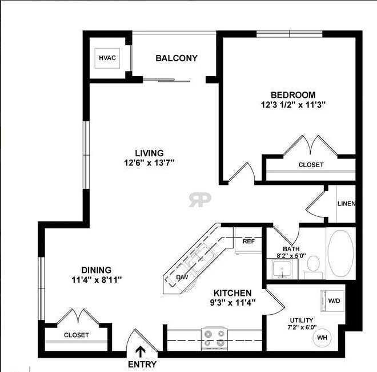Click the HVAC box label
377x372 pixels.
(107, 58)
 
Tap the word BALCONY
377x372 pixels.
(177, 58)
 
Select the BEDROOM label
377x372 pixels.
(293, 94)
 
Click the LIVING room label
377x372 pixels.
(149, 153)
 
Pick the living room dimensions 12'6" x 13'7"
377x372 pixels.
(149, 163)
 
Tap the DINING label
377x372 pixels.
(96, 270)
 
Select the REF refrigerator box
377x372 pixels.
(248, 241)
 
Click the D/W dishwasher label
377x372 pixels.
(182, 277)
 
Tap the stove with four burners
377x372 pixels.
(214, 338)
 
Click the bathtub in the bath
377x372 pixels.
(340, 255)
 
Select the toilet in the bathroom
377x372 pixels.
(313, 265)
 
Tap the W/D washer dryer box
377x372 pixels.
(334, 300)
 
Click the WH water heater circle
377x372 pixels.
(322, 337)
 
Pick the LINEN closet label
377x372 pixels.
(346, 204)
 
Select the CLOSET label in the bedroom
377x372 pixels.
(311, 165)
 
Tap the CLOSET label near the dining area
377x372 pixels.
(76, 335)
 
